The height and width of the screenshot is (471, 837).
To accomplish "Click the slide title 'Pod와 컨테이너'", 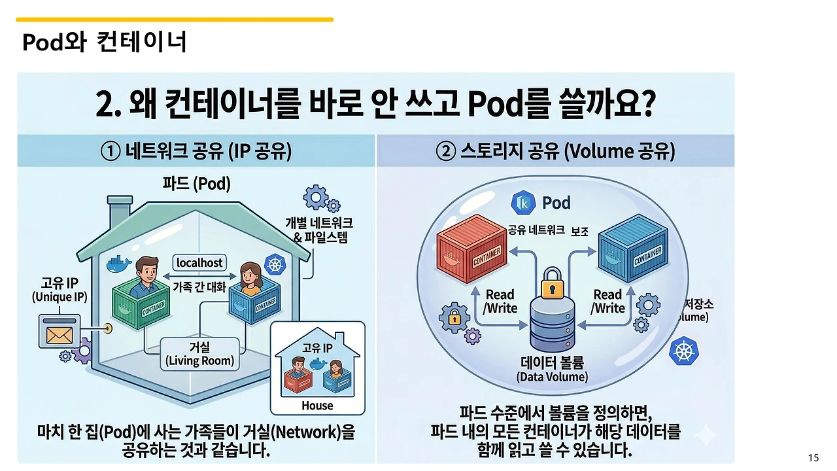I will [105, 43].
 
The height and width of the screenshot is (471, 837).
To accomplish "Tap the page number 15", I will [813, 457].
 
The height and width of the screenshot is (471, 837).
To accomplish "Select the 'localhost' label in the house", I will [200, 263].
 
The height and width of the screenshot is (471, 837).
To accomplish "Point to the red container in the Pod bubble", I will [468, 252].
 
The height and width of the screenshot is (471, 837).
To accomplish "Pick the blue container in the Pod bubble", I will [632, 248].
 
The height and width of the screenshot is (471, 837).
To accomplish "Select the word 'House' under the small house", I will [317, 406].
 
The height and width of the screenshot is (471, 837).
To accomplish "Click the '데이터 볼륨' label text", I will [553, 363].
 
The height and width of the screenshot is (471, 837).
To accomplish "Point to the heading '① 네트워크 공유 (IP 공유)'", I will [196, 152].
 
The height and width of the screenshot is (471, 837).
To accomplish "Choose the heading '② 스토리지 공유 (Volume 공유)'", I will [555, 152].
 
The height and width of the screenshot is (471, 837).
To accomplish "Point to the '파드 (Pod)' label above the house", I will [196, 184].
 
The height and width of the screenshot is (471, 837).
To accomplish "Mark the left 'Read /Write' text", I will [500, 302].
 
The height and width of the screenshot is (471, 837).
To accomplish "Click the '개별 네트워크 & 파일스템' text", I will [318, 230].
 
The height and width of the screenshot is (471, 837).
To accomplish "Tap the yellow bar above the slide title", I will [175, 20].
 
